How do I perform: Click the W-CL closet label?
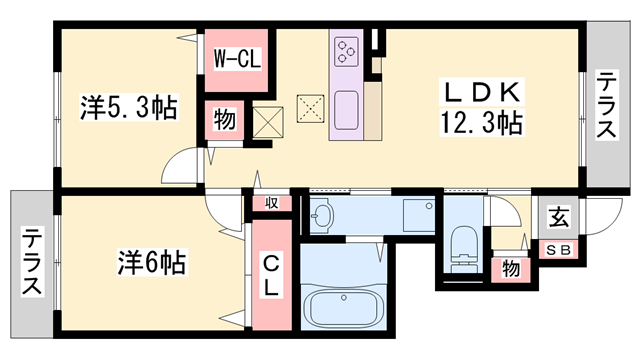pos(237,59)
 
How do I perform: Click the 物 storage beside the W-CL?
pos(224,122)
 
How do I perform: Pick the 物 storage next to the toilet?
pos(511,268)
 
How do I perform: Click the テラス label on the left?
pos(33,262)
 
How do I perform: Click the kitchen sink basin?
pos(348,106)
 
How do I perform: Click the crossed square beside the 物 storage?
pos(268,123)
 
